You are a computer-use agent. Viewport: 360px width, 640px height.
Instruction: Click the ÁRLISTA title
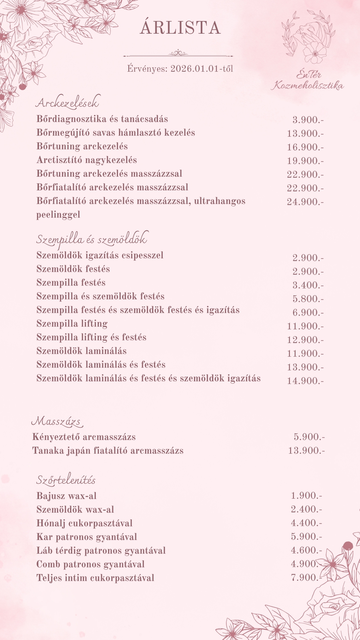pyautogui.click(x=180, y=28)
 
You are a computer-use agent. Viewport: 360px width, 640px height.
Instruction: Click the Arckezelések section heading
pyautogui.click(x=67, y=103)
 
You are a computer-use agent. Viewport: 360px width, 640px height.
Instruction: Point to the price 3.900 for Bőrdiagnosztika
pyautogui.click(x=308, y=120)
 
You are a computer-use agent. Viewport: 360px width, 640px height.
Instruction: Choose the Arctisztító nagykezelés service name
pyautogui.click(x=87, y=160)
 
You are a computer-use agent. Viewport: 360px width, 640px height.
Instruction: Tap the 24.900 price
pyautogui.click(x=305, y=202)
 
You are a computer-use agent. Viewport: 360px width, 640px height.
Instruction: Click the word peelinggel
pyautogui.click(x=58, y=215)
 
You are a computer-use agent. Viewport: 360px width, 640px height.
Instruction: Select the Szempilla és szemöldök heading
pyautogui.click(x=91, y=239)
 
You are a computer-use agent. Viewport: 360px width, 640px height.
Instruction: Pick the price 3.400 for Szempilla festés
pyautogui.click(x=308, y=285)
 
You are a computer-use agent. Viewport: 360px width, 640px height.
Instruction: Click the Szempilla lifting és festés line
pyautogui.click(x=91, y=337)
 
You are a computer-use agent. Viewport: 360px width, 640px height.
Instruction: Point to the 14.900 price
pyautogui.click(x=305, y=381)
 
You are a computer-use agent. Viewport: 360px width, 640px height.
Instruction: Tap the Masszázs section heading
pyautogui.click(x=57, y=421)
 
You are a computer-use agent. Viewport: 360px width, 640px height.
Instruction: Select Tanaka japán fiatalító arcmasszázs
pyautogui.click(x=108, y=451)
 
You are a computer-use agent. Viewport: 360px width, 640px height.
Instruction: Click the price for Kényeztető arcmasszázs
pyautogui.click(x=309, y=437)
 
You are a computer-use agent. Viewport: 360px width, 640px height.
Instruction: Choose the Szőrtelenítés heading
pyautogui.click(x=66, y=480)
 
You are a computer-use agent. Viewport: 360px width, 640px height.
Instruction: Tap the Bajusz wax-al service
pyautogui.click(x=66, y=496)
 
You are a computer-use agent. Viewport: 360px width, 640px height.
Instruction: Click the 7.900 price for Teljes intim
pyautogui.click(x=306, y=578)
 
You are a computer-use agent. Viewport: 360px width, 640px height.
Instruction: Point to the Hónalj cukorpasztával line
pyautogui.click(x=84, y=523)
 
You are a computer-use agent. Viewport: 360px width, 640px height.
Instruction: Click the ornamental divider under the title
pyautogui.click(x=178, y=53)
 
